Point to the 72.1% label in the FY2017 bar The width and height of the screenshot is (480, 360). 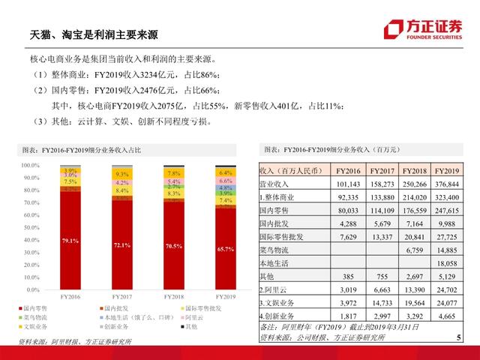121,244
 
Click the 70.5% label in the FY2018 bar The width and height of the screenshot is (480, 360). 173,245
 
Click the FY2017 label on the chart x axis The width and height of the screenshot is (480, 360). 121,296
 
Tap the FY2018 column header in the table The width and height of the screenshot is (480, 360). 415,171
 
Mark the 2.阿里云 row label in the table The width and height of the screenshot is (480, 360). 273,289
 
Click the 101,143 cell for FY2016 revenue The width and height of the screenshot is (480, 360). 349,183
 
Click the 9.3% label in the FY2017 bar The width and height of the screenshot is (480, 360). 121,175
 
